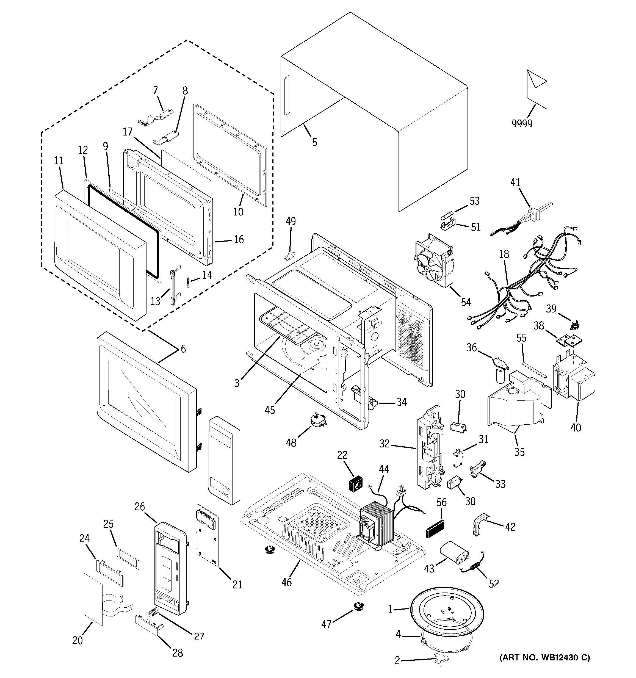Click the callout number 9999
point(522,123)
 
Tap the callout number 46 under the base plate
point(286,582)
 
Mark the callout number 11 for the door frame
point(59,160)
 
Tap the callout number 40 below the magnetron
point(576,427)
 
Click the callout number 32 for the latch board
point(385,443)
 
